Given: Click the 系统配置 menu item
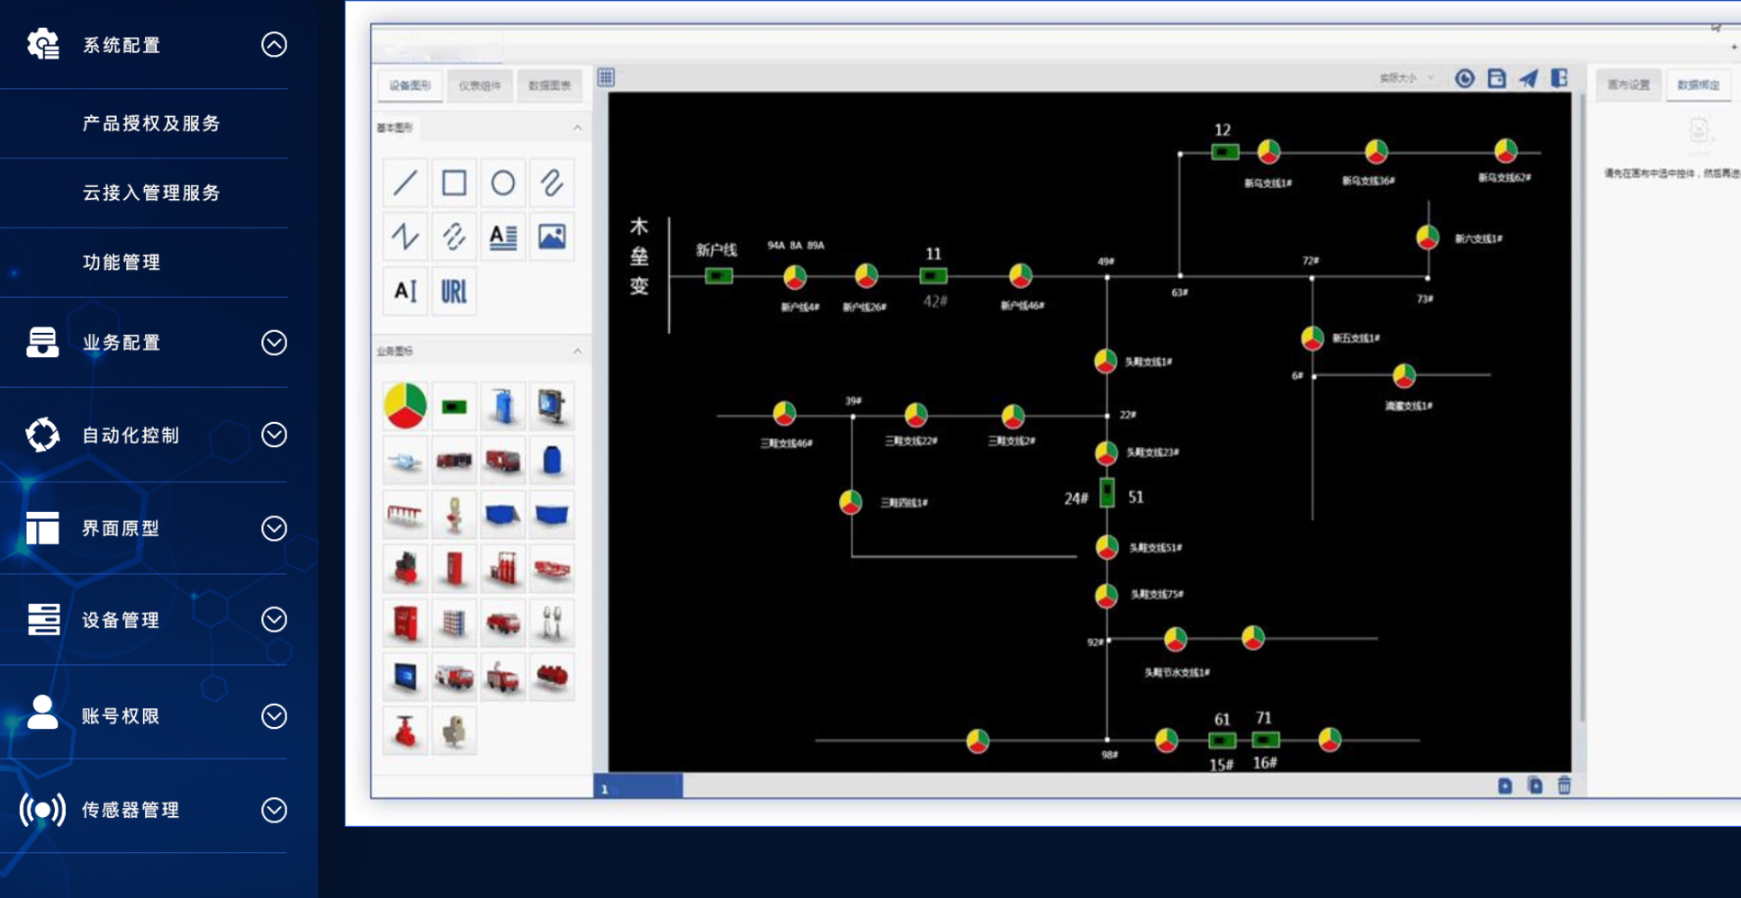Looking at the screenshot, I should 122,45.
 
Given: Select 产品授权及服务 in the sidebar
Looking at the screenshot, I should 151,123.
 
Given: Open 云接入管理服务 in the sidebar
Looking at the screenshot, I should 151,193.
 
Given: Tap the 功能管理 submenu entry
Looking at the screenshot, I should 122,262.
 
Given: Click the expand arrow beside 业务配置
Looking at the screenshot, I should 274,343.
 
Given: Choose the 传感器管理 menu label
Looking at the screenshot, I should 131,810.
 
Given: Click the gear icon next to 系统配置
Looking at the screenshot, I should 42,44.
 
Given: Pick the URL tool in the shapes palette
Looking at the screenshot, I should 454,291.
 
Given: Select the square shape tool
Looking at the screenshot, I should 454,184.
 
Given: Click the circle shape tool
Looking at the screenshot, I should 502,184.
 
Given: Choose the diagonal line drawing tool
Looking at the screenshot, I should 405,184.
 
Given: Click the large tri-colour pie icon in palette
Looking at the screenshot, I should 405,406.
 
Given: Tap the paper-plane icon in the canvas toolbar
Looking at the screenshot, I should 1528,78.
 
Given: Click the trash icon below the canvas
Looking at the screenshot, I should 1565,786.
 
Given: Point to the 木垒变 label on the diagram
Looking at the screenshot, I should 639,256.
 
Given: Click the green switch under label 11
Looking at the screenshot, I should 933,276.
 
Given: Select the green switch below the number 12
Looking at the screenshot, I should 1223,152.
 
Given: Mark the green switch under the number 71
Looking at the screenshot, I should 1265,740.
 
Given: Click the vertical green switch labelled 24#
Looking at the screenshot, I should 1107,493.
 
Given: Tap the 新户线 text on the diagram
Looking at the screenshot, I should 716,249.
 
